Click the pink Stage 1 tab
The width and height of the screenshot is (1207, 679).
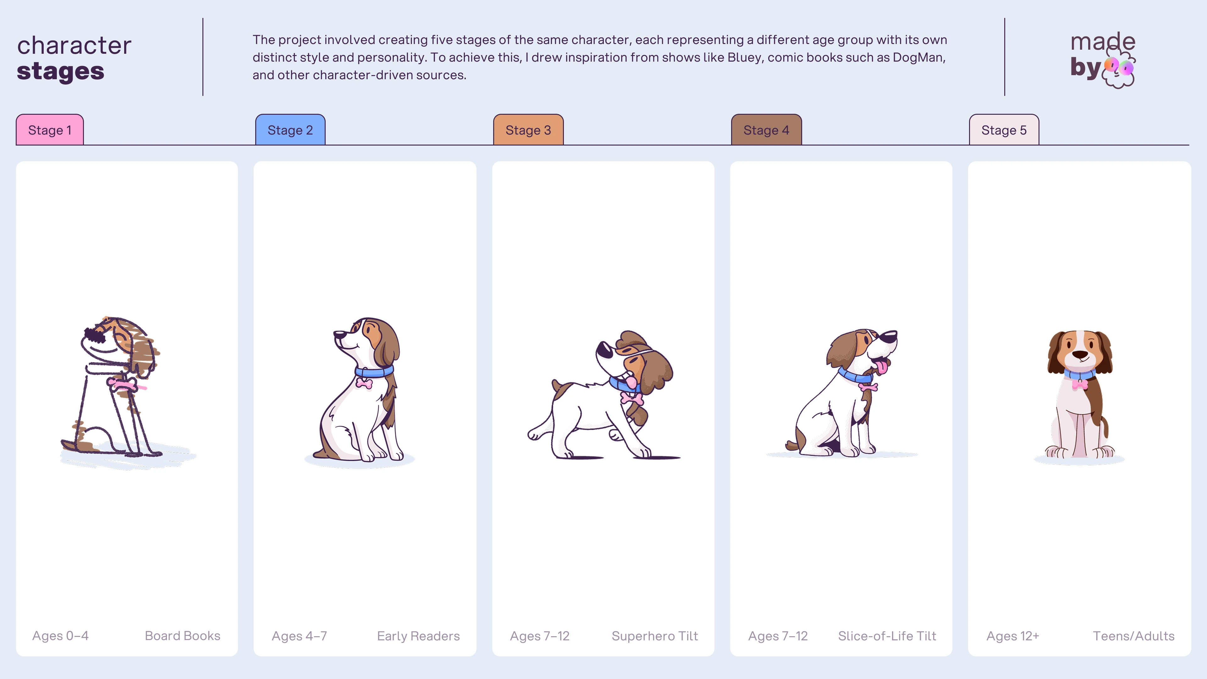pos(50,130)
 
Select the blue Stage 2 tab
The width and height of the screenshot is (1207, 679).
pos(290,130)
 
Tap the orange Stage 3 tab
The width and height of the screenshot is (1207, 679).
pos(528,130)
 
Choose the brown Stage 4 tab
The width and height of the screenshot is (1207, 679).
pos(766,130)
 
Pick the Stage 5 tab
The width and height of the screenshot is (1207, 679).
pos(1004,130)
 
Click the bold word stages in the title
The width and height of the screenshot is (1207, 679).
pos(60,72)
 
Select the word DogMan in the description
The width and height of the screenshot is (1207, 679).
pos(918,57)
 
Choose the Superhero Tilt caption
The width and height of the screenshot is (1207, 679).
pos(654,636)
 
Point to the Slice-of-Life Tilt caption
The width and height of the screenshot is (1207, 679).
pos(887,636)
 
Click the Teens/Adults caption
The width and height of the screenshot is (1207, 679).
pos(1133,636)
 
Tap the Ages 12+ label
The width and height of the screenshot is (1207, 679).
pos(1012,636)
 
